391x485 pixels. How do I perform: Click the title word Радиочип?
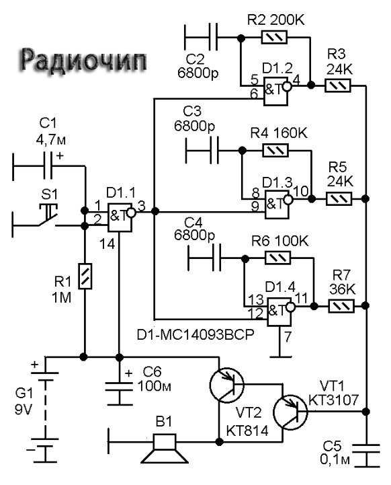(83, 61)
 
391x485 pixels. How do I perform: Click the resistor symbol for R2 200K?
(274, 38)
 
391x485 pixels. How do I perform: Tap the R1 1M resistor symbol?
(85, 276)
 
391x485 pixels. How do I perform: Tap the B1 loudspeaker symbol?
(165, 449)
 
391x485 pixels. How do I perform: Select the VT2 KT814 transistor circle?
(226, 385)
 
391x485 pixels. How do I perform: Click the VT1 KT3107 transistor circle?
(290, 412)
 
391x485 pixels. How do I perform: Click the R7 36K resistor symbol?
(341, 306)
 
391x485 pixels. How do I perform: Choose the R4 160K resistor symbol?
(275, 150)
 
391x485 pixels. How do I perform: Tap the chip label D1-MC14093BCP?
(195, 335)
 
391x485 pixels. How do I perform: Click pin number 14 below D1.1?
(107, 244)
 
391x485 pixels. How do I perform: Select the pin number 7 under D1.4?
(288, 336)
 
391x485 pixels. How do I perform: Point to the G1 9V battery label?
(24, 401)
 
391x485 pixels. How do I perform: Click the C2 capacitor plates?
(214, 37)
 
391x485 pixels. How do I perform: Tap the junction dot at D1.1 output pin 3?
(155, 212)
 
